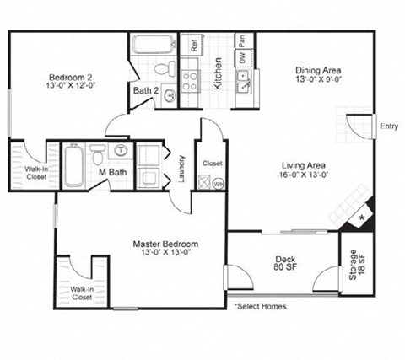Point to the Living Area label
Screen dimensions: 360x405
pyautogui.click(x=306, y=169)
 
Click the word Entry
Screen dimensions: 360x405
pyautogui.click(x=389, y=127)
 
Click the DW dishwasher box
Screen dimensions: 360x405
pyautogui.click(x=241, y=57)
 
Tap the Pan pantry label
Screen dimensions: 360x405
pyautogui.click(x=241, y=40)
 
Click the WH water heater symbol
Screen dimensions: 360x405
pyautogui.click(x=217, y=183)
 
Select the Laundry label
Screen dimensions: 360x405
pyautogui.click(x=181, y=166)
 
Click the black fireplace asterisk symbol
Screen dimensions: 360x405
pyautogui.click(x=363, y=218)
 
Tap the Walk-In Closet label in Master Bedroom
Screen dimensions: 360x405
pyautogui.click(x=82, y=293)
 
